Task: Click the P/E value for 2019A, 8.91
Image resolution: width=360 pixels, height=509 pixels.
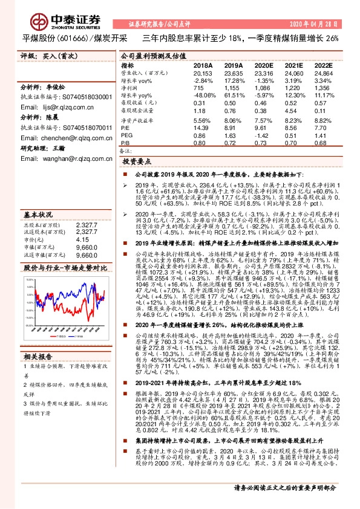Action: click(x=232, y=129)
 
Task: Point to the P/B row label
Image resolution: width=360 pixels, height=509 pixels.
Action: click(x=125, y=143)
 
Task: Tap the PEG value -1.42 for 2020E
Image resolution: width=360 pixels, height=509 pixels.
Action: click(x=264, y=136)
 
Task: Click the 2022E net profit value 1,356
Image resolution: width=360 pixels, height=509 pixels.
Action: click(x=324, y=88)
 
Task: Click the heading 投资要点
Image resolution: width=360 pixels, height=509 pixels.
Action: click(x=137, y=163)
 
